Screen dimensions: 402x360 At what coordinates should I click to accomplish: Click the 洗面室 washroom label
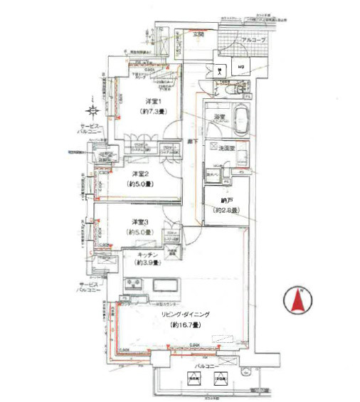227,147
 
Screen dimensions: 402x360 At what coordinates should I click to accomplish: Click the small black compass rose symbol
92,110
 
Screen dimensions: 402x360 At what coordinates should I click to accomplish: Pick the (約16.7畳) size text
184,324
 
